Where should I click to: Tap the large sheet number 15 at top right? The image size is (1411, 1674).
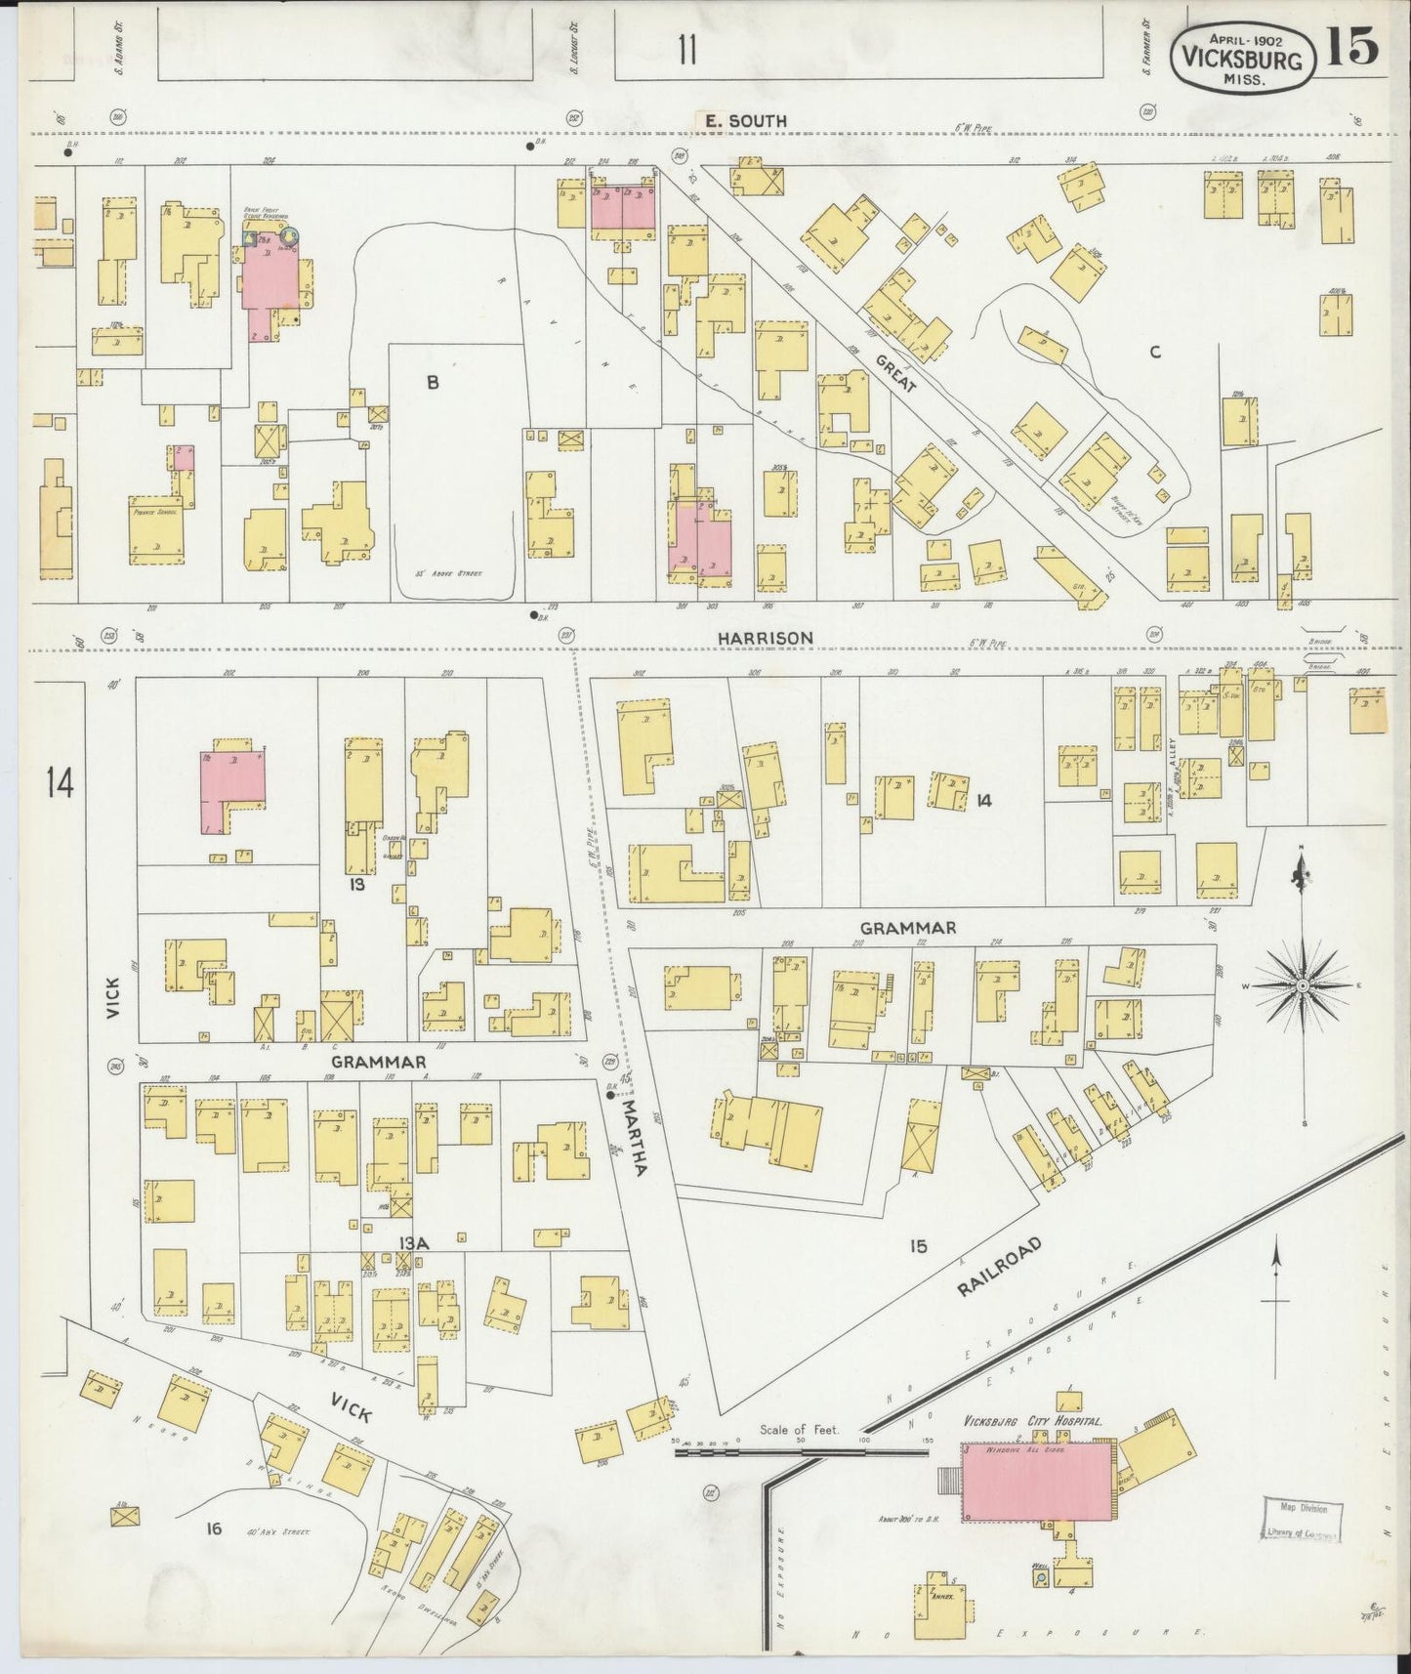(1351, 46)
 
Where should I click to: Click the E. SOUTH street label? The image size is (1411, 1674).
(745, 121)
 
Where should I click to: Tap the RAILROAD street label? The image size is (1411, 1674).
(1000, 1268)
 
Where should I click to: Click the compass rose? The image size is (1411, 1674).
(1302, 986)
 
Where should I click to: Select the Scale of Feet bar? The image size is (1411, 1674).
(801, 1451)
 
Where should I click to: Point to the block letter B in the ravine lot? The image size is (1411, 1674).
(433, 384)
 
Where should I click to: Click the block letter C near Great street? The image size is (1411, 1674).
(1155, 353)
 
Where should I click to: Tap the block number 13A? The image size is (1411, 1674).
(413, 1242)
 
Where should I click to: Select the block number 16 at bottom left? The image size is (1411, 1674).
(213, 1528)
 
